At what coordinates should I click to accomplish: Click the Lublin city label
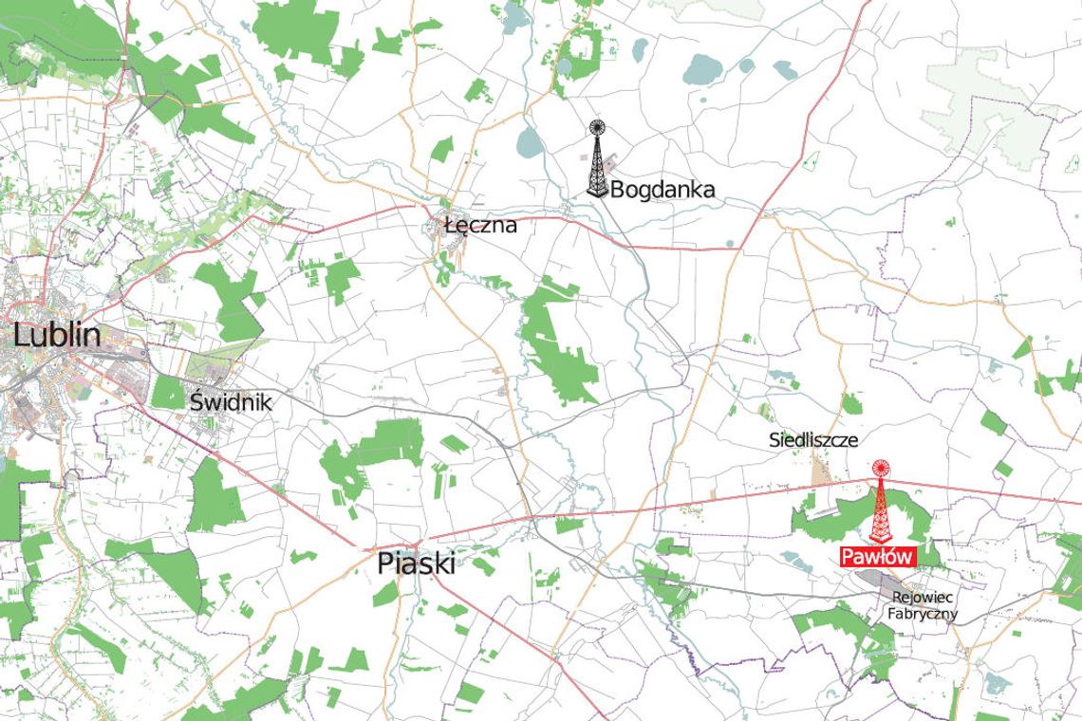[x=56, y=334]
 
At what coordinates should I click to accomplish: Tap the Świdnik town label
[x=231, y=402]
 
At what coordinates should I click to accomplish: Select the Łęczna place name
[x=480, y=226]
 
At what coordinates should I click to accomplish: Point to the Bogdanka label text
[x=662, y=190]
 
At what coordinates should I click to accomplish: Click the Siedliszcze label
[x=812, y=440]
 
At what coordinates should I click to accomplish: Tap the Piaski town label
[x=416, y=564]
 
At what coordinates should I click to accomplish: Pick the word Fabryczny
[x=922, y=614]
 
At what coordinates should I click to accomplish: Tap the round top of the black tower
[x=596, y=127]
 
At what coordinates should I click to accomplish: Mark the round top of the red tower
[x=881, y=467]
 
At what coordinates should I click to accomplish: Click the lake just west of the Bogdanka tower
[x=529, y=142]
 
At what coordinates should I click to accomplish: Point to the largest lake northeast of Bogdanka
[x=702, y=68]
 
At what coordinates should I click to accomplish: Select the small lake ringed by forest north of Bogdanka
[x=566, y=65]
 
